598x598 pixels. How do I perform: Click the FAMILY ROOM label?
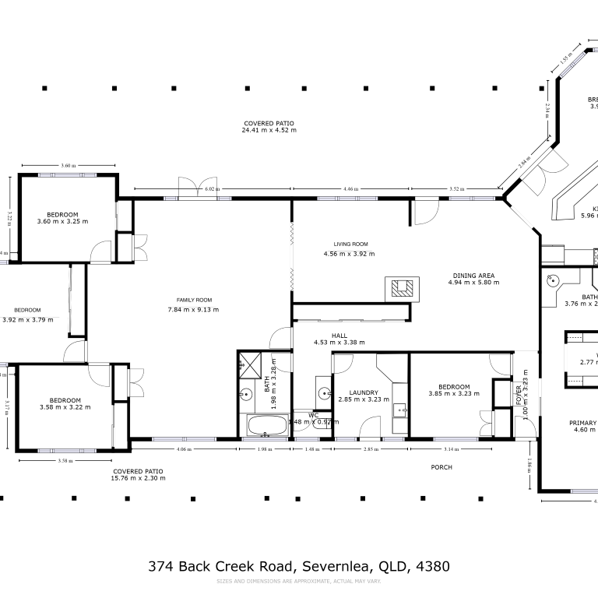189,300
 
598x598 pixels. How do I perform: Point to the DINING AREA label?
473,275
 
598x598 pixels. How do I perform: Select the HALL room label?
339,336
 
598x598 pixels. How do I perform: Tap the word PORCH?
441,467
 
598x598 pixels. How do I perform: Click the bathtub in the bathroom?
265,425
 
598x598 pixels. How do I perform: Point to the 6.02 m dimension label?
209,189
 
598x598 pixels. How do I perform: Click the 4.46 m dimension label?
350,189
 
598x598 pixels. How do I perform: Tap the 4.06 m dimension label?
184,449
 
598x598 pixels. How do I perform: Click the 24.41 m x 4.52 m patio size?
268,130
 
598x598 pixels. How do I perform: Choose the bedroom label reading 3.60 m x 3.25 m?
62,222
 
